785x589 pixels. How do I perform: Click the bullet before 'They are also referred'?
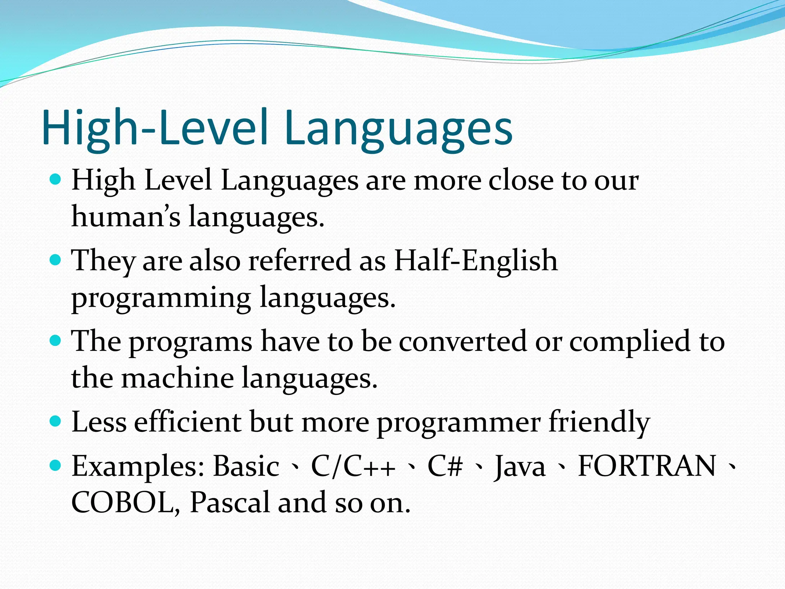point(56,260)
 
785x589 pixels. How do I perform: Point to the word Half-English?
point(475,260)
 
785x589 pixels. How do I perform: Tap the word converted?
point(462,341)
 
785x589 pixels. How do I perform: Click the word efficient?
point(188,422)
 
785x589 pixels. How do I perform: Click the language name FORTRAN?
point(646,466)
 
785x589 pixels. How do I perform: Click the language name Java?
point(520,466)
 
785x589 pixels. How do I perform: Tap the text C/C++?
point(353,466)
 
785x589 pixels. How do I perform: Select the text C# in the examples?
point(445,466)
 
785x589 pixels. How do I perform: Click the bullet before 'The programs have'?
point(56,341)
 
